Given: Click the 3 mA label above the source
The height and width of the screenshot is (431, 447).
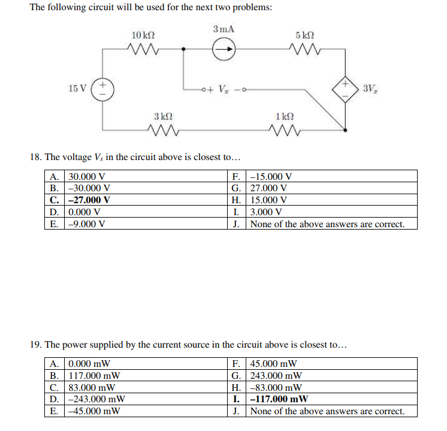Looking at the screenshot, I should pyautogui.click(x=223, y=29).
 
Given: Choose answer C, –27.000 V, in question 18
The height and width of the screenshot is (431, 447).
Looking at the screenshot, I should pyautogui.click(x=89, y=200).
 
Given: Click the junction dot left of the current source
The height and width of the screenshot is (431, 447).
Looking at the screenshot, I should pyautogui.click(x=185, y=52).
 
